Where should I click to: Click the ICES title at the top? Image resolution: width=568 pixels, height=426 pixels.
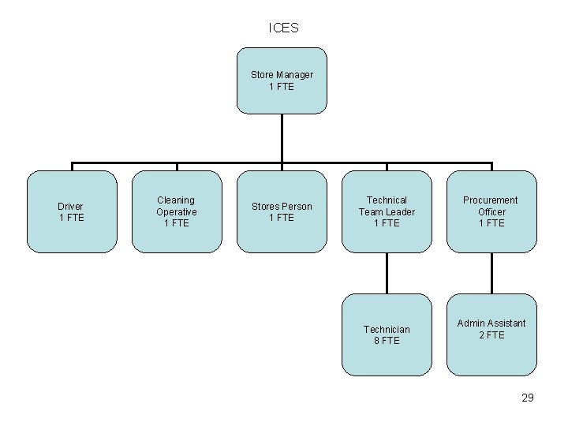coord(283,28)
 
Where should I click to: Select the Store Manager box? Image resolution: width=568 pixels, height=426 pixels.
coord(282,80)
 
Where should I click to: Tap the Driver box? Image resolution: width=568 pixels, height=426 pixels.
coord(71,211)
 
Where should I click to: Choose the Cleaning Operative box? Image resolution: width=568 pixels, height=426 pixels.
coord(176,211)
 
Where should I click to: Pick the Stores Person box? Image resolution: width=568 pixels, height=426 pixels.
coord(282,211)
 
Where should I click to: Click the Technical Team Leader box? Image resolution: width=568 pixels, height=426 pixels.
coord(387,211)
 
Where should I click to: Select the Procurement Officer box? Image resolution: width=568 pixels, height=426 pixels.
coord(491,211)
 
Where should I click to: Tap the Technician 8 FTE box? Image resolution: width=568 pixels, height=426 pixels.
coord(387,334)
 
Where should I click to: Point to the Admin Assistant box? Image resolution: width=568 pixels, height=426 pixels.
coord(491,334)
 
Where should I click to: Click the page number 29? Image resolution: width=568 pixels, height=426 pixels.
coord(528,398)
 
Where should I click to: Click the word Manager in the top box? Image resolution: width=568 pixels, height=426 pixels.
coord(294,75)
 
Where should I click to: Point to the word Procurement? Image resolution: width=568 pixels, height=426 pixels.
coord(491,200)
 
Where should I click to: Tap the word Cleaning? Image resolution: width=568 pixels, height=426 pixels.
coord(176,200)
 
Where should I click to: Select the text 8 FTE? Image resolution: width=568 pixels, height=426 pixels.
coord(387,341)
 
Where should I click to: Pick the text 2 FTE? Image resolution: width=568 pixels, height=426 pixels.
coord(491,335)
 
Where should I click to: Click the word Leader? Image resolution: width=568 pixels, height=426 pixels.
coord(399,211)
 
